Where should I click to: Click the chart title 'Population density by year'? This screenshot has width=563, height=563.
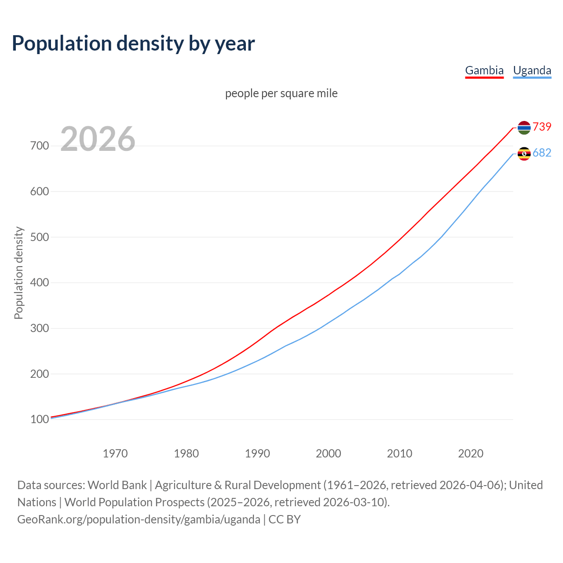pyautogui.click(x=133, y=43)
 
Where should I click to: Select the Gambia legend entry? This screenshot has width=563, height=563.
pyautogui.click(x=484, y=70)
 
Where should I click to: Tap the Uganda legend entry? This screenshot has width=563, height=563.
pyautogui.click(x=532, y=70)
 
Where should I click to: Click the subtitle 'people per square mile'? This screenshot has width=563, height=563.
pyautogui.click(x=281, y=93)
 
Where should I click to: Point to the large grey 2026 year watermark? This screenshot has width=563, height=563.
pyautogui.click(x=98, y=139)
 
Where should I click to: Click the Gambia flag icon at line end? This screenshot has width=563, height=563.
pyautogui.click(x=524, y=128)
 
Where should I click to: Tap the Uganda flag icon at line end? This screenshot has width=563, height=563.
pyautogui.click(x=524, y=154)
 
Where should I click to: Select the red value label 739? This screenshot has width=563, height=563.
pyautogui.click(x=542, y=127)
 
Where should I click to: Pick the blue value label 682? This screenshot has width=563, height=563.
pyautogui.click(x=542, y=153)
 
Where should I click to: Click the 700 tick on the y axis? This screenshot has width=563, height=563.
pyautogui.click(x=40, y=146)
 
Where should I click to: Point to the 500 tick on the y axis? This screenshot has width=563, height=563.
pyautogui.click(x=40, y=237)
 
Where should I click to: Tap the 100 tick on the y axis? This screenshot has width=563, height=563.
pyautogui.click(x=40, y=420)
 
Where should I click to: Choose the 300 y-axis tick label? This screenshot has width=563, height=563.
pyautogui.click(x=40, y=328)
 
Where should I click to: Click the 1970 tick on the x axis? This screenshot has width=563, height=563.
pyautogui.click(x=115, y=453)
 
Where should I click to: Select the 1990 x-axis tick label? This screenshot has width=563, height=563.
pyautogui.click(x=257, y=453)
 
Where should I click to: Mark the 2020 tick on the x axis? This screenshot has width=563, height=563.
pyautogui.click(x=471, y=453)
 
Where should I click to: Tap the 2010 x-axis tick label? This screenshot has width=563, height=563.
pyautogui.click(x=399, y=453)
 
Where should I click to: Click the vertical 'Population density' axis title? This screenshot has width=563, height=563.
pyautogui.click(x=18, y=273)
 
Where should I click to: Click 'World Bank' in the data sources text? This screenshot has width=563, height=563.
pyautogui.click(x=117, y=485)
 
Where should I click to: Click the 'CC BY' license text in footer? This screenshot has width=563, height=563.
pyautogui.click(x=285, y=519)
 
